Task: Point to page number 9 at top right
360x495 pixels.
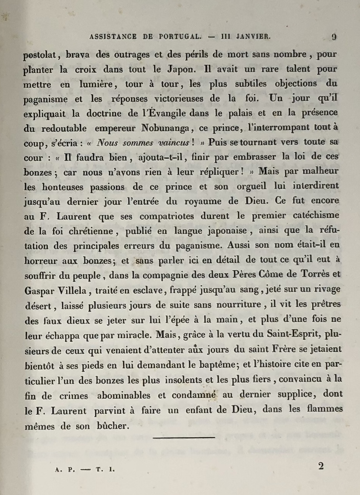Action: pyautogui.click(x=334, y=37)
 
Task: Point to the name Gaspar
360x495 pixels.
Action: pyautogui.click(x=39, y=290)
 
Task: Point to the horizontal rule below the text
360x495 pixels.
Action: pyautogui.click(x=184, y=437)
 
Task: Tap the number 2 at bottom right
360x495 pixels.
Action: pyautogui.click(x=321, y=466)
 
